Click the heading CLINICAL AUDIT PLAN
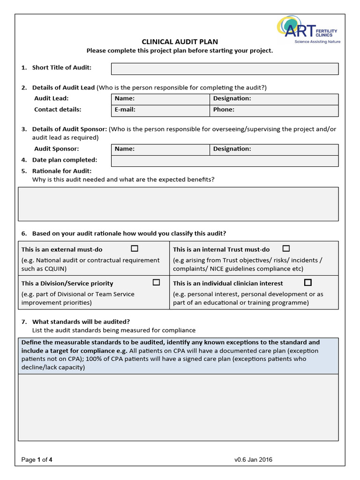click(180, 42)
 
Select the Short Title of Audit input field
click(225, 69)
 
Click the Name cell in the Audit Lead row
click(160, 99)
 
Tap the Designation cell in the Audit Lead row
click(274, 99)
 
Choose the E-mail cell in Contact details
click(160, 110)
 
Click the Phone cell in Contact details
click(274, 110)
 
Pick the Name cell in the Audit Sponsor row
click(160, 149)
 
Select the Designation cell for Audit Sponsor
click(274, 149)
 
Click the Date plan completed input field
click(225, 161)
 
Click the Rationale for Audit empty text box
click(178, 204)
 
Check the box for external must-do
click(135, 248)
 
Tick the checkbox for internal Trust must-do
click(286, 248)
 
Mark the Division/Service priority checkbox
click(156, 282)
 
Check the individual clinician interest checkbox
click(307, 282)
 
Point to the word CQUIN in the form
click(55, 269)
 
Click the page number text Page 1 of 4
click(37, 460)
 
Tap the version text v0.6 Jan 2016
click(253, 460)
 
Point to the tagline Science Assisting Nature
click(317, 42)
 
